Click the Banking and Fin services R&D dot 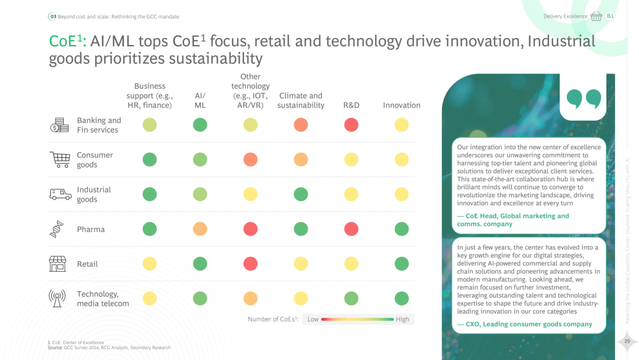[x=351, y=124]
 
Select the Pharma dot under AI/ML [x=200, y=229]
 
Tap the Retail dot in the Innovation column [x=402, y=263]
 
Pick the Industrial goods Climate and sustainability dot [x=301, y=194]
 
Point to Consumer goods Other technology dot [x=250, y=159]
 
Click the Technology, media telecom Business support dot [x=150, y=298]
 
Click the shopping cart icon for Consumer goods [x=59, y=159]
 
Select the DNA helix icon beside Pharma [x=57, y=229]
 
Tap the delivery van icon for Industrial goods [x=60, y=194]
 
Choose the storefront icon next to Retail [x=57, y=263]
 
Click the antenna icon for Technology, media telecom [x=57, y=298]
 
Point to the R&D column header [x=351, y=105]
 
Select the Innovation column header [x=402, y=105]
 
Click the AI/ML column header [x=200, y=100]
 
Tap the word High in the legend [x=402, y=319]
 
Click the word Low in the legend [x=313, y=319]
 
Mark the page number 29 [x=626, y=341]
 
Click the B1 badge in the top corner [x=610, y=16]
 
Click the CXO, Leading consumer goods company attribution [x=525, y=324]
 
